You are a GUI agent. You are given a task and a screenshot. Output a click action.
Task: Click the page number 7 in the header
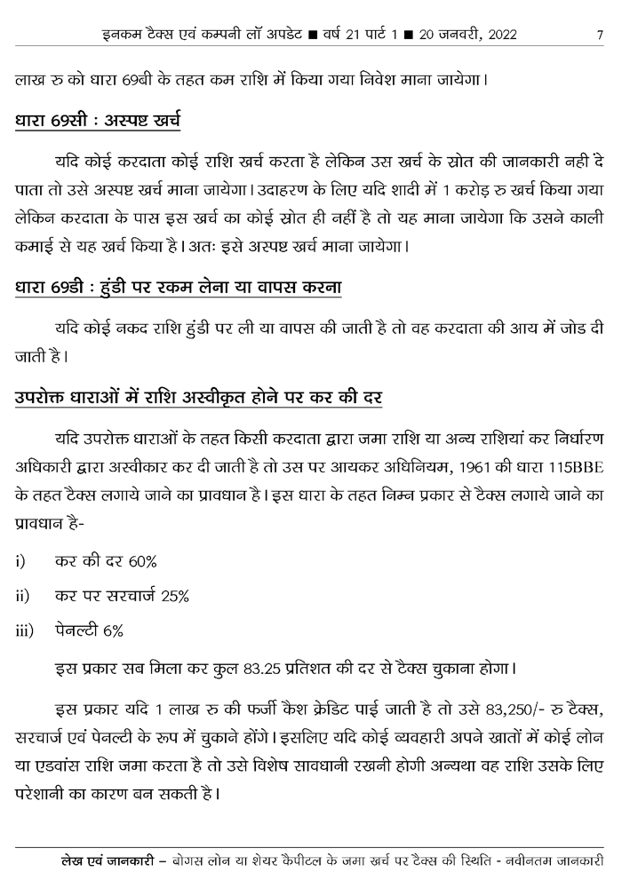click(602, 36)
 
